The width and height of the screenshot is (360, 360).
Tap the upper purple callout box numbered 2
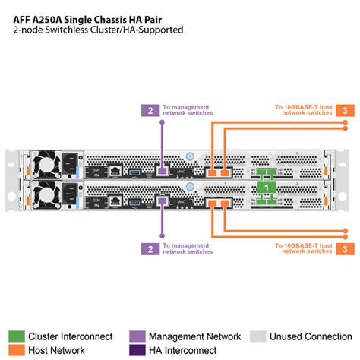click(x=150, y=110)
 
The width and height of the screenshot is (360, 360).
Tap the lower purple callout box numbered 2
click(x=150, y=248)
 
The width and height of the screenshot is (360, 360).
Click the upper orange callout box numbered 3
click(x=346, y=110)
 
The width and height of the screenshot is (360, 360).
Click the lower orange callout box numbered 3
click(x=346, y=248)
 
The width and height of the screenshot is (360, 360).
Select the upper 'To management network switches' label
click(x=187, y=110)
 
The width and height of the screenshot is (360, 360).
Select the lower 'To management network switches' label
click(x=187, y=248)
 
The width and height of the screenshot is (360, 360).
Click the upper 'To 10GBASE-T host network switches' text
click(x=303, y=110)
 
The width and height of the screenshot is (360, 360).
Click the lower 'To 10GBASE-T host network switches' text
click(x=303, y=248)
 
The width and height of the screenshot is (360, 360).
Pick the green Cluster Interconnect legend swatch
click(x=16, y=336)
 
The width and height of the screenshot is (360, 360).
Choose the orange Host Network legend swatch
click(x=16, y=350)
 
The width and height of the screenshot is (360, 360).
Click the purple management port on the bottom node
click(x=161, y=201)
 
